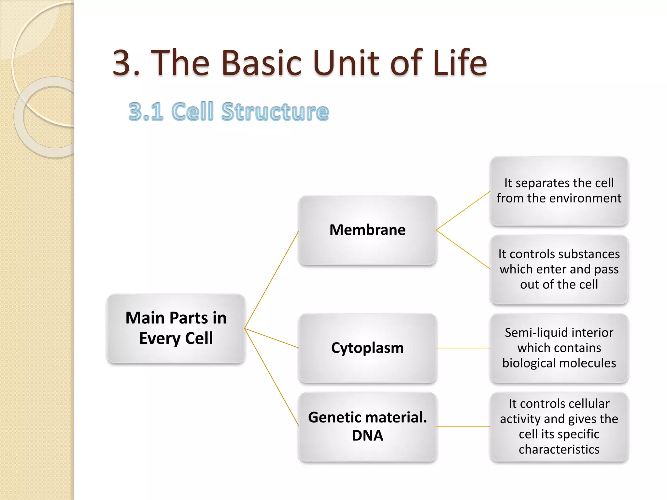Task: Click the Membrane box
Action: [367, 230]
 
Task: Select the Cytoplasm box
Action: [367, 348]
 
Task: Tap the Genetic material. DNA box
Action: [367, 426]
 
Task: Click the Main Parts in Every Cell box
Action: [176, 328]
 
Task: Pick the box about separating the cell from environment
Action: [559, 191]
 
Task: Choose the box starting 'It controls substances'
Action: [559, 270]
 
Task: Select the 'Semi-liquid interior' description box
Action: [559, 348]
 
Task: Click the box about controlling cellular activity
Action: [559, 426]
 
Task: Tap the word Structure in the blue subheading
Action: [275, 112]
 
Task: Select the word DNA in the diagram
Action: [367, 436]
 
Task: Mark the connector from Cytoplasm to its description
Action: [463, 348]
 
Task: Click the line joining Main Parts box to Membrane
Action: [272, 279]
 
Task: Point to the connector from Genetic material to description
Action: [463, 426]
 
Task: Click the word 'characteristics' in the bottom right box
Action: [559, 450]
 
